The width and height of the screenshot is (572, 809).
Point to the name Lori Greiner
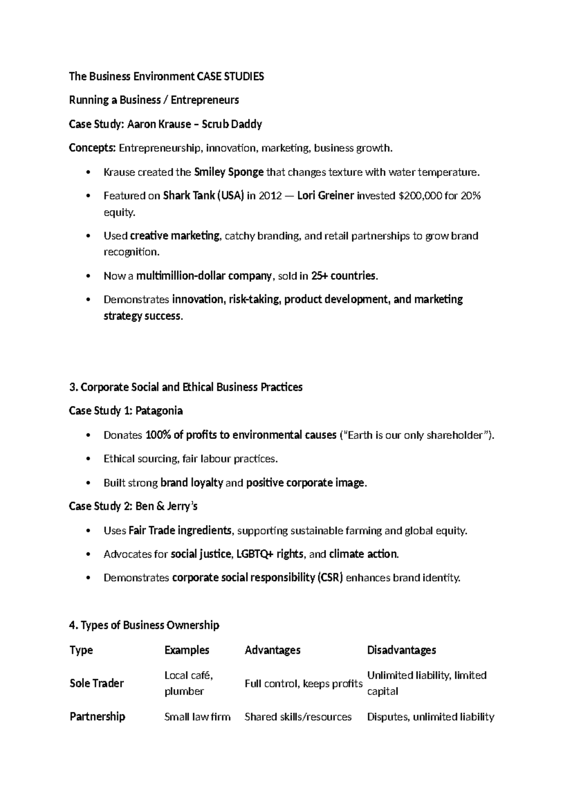click(326, 196)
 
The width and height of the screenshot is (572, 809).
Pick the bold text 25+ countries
click(344, 276)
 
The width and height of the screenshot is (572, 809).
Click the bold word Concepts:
click(92, 148)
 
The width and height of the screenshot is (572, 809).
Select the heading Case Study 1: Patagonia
click(126, 411)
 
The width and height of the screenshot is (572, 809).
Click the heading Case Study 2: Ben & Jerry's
click(133, 506)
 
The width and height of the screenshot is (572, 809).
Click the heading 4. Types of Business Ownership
click(144, 625)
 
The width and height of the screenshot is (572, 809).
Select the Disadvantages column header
click(401, 650)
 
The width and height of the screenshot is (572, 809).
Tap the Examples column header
click(187, 650)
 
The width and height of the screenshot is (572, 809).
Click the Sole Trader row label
click(97, 683)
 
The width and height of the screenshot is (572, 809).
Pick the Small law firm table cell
click(197, 716)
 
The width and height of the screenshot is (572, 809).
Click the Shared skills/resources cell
click(298, 716)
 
